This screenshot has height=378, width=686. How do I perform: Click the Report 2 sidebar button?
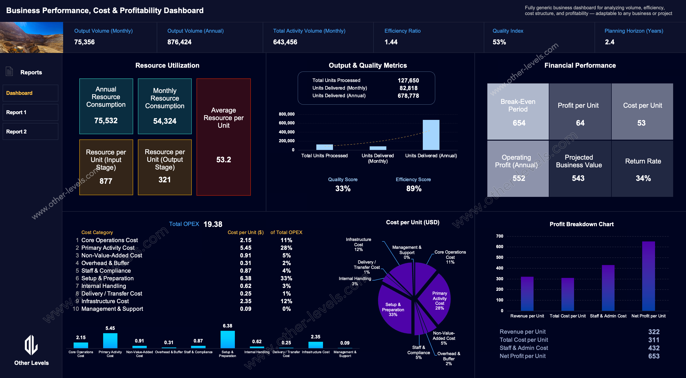click(30, 132)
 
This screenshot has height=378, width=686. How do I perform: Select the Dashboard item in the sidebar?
click(30, 93)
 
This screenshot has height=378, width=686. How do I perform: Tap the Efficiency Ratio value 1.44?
click(391, 42)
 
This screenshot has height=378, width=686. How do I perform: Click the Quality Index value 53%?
click(499, 42)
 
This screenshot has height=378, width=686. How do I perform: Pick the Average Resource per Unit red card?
click(223, 137)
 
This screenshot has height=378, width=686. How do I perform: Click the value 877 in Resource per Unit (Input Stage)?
click(106, 181)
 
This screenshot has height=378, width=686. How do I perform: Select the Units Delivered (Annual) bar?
click(431, 135)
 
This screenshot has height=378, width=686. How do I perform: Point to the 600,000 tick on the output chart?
click(287, 123)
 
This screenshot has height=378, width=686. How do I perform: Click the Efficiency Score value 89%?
click(414, 189)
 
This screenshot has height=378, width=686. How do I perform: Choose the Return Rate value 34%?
click(643, 178)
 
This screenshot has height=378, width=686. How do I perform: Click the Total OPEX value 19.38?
click(213, 224)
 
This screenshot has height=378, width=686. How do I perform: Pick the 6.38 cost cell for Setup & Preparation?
click(246, 278)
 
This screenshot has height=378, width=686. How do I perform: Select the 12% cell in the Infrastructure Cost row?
click(286, 301)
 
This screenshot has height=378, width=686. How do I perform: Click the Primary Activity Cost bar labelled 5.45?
click(110, 340)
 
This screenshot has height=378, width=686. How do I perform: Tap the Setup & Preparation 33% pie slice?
click(394, 309)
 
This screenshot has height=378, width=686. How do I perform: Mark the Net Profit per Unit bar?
click(648, 276)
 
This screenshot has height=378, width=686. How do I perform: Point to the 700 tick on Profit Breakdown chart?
click(499, 236)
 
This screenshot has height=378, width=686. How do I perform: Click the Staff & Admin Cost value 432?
click(654, 348)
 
